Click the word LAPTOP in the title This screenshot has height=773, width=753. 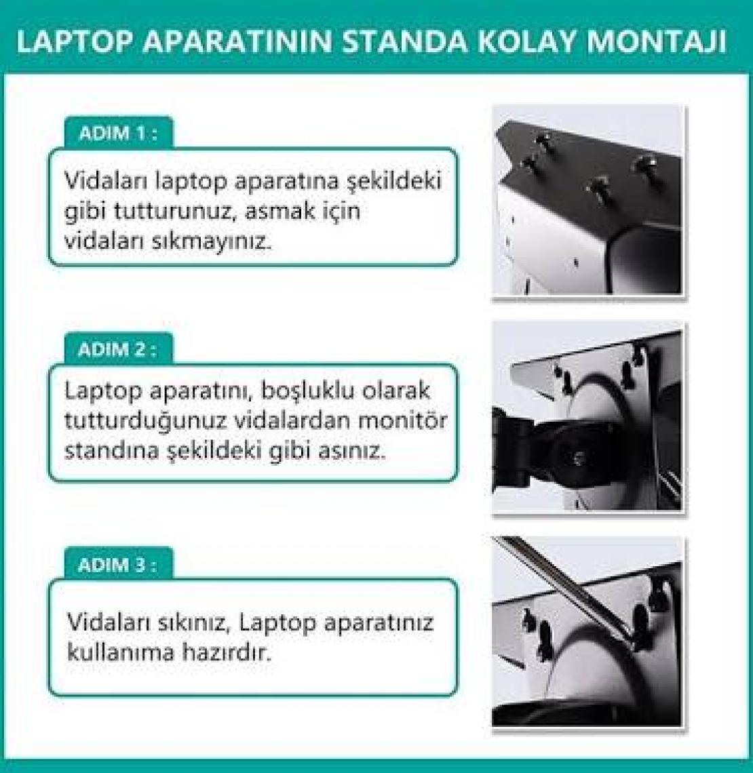click(75, 43)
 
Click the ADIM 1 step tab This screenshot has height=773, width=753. click(118, 133)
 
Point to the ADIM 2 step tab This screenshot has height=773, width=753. click(118, 349)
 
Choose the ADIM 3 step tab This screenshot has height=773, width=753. click(118, 564)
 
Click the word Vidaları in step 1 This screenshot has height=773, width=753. click(106, 180)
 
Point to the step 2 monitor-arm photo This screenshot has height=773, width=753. click(587, 418)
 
